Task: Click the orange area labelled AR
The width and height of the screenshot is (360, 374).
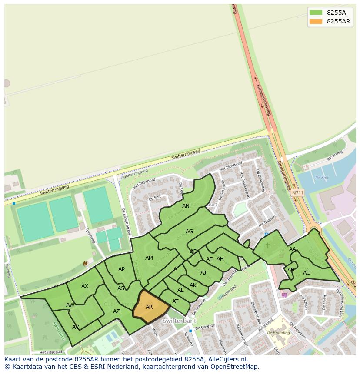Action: pyautogui.click(x=149, y=307)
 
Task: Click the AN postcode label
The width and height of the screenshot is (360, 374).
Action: pyautogui.click(x=186, y=206)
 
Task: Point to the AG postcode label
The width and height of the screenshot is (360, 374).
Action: pyautogui.click(x=189, y=232)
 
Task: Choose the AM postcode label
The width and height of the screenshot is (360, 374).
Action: pyautogui.click(x=149, y=258)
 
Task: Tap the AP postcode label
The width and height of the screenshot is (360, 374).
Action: pyautogui.click(x=121, y=269)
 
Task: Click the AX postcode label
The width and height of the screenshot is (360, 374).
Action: pyautogui.click(x=85, y=286)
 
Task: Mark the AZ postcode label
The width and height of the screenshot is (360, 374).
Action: pyautogui.click(x=116, y=311)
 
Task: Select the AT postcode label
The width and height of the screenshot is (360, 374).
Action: pyautogui.click(x=175, y=301)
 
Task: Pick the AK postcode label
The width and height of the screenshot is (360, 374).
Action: pyautogui.click(x=193, y=285)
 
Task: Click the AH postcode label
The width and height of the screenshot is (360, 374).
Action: pyautogui.click(x=220, y=259)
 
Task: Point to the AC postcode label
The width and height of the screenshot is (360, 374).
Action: pyautogui.click(x=307, y=273)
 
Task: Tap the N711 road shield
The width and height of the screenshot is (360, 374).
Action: pyautogui.click(x=298, y=192)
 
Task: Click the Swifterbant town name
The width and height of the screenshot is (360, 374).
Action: pyautogui.click(x=180, y=321)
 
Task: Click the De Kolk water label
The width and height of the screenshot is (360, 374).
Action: pyautogui.click(x=322, y=178)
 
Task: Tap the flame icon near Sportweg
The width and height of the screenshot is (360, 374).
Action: pyautogui.click(x=85, y=264)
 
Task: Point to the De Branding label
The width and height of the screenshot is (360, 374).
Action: pyautogui.click(x=278, y=332)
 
